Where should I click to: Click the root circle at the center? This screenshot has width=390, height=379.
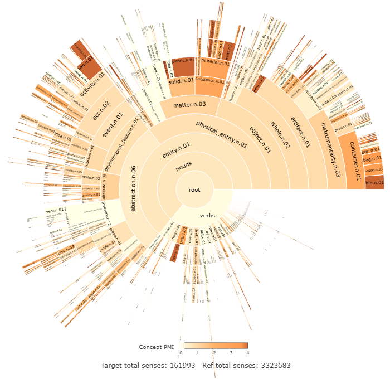[194, 189]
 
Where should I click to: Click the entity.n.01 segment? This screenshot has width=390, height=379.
[176, 149]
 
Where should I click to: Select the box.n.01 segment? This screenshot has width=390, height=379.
[370, 150]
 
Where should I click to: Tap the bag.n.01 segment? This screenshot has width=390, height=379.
[372, 160]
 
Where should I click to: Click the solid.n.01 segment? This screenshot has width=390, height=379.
[181, 81]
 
